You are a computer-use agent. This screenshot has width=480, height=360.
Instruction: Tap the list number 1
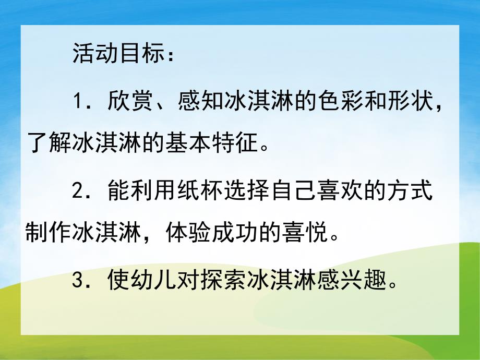77,100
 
